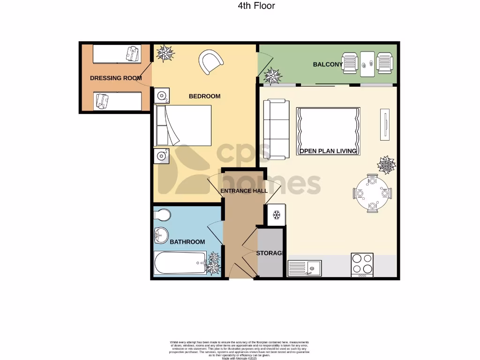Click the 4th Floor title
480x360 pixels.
click(256, 6)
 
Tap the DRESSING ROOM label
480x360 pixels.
click(116, 78)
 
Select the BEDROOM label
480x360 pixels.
click(204, 96)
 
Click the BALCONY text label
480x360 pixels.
click(328, 64)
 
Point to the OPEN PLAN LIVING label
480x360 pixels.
click(328, 151)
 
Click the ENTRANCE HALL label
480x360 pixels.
click(244, 191)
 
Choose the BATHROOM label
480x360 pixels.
click(187, 242)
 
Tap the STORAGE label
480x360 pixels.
click(270, 253)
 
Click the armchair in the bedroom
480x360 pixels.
click(210, 62)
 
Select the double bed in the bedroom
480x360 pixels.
click(183, 125)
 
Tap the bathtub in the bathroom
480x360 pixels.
click(180, 263)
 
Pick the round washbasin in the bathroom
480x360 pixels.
click(162, 235)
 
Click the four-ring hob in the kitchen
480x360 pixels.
click(362, 264)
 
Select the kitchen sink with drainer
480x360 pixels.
click(304, 268)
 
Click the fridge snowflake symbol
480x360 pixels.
click(276, 215)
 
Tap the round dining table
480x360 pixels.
click(372, 193)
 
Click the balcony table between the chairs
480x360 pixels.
click(367, 63)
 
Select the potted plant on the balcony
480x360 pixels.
click(272, 75)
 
